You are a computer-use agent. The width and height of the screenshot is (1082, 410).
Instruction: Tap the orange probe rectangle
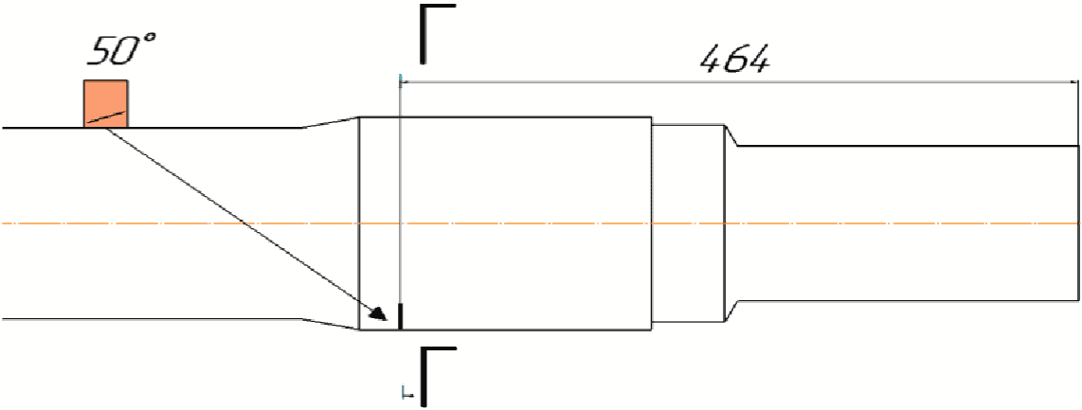click(x=105, y=103)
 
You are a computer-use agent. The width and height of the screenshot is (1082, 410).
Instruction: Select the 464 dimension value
click(x=733, y=62)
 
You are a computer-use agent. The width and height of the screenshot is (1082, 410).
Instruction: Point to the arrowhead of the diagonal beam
click(x=379, y=314)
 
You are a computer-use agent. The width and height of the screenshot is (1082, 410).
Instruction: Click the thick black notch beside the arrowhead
click(x=400, y=315)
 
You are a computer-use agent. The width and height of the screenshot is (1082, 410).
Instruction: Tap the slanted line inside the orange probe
click(x=105, y=117)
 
